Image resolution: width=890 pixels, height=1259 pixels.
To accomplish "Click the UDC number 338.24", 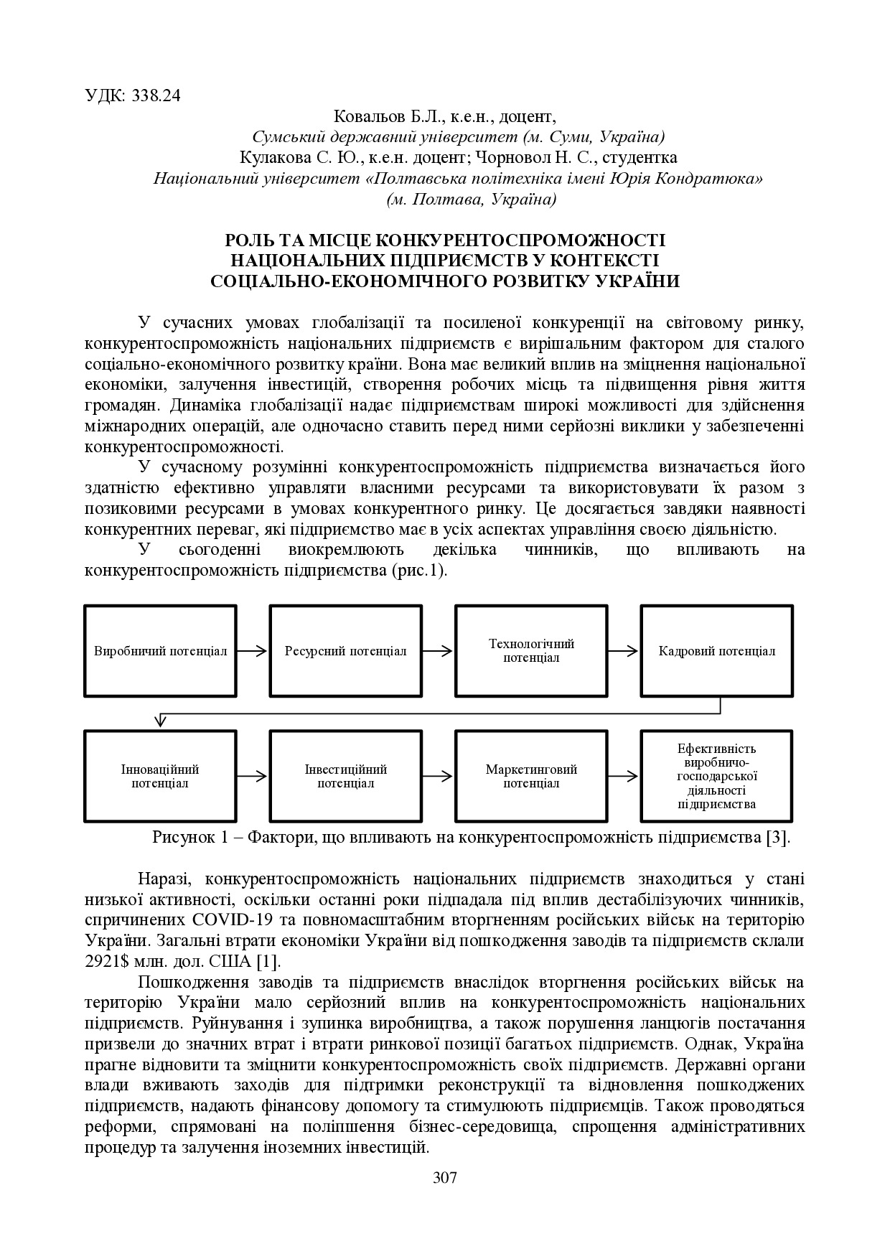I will [156, 95].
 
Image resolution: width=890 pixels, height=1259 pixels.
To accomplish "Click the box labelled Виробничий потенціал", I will [161, 651].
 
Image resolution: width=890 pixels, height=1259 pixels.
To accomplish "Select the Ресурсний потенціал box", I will [346, 651].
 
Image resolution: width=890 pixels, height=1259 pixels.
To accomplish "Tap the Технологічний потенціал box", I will [531, 651].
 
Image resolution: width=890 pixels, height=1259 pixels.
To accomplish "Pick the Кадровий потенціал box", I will [716, 651].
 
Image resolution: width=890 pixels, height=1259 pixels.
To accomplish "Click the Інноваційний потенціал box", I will [161, 776].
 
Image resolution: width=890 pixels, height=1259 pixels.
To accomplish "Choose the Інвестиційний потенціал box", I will [346, 776].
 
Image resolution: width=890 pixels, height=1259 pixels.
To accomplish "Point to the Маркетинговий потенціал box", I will [531, 776].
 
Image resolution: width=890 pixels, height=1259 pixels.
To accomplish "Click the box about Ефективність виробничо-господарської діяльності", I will [716, 776].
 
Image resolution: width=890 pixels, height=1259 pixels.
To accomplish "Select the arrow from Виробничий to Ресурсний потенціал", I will [253, 651].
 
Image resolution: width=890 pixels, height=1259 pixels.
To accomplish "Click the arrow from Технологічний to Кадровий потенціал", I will [624, 651].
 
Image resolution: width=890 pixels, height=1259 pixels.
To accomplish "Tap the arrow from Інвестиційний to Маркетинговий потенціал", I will [439, 776].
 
